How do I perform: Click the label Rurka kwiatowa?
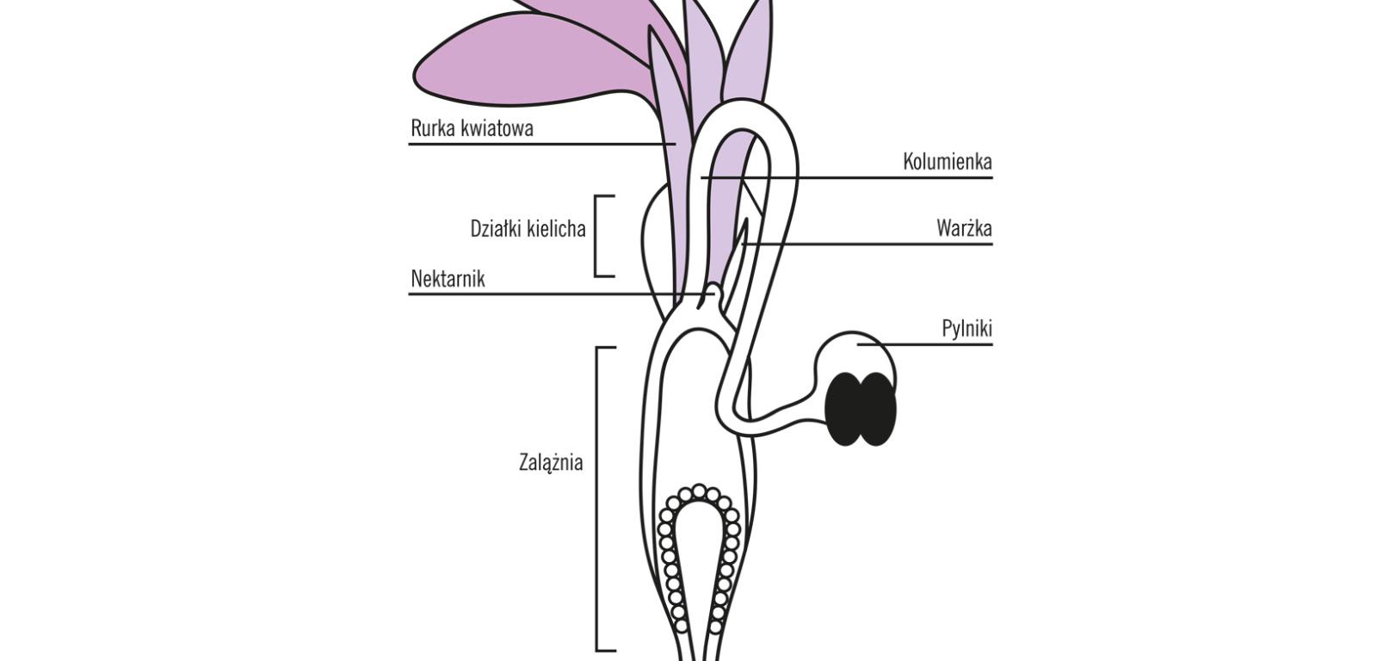472,128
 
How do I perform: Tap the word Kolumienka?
947,162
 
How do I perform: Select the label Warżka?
964,229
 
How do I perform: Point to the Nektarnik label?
448,279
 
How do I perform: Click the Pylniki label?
966,329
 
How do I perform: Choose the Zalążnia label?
551,462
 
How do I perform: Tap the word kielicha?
557,229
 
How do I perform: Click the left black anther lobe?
845,409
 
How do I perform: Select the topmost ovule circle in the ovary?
699,491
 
